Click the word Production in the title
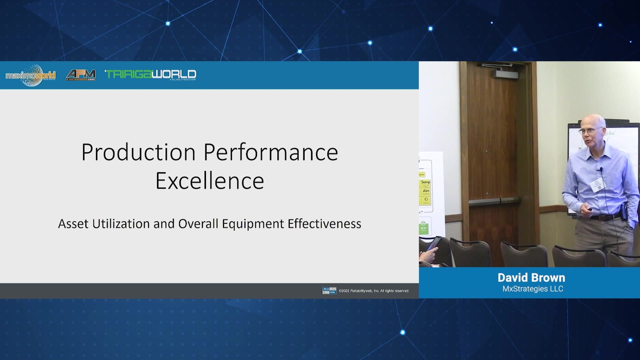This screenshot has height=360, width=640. pyautogui.click(x=138, y=152)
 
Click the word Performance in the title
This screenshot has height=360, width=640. pyautogui.click(x=271, y=152)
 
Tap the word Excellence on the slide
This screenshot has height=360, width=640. pyautogui.click(x=210, y=181)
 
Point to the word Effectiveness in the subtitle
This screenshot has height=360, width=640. pyautogui.click(x=324, y=224)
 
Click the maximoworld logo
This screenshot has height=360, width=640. pyautogui.click(x=31, y=75)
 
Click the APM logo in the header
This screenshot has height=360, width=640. pyautogui.click(x=81, y=75)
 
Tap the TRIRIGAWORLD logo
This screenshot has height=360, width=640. pyautogui.click(x=151, y=75)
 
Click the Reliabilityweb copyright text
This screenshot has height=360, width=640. pyautogui.click(x=374, y=291)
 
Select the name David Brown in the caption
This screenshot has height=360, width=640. pyautogui.click(x=531, y=278)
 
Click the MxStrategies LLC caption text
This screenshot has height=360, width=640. pyautogui.click(x=533, y=289)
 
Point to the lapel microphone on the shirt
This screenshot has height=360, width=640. pyautogui.click(x=601, y=170)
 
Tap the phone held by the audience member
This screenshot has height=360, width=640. pyautogui.click(x=434, y=243)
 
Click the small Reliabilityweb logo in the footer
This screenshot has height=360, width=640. pyautogui.click(x=329, y=291)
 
